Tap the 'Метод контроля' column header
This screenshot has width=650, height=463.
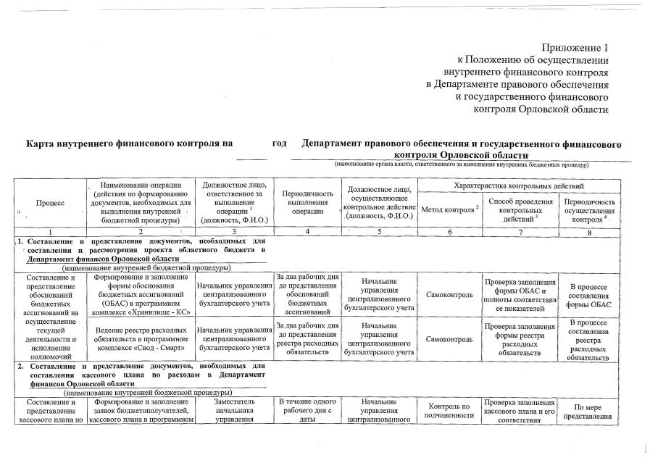coord(449,209)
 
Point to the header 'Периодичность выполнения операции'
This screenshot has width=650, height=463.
coord(307,204)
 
